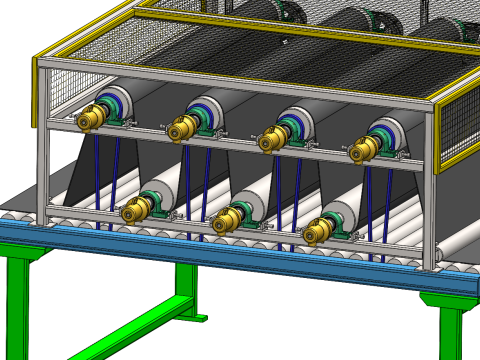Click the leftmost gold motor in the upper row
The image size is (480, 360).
coord(91,119)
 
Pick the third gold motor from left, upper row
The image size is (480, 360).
coord(271,140)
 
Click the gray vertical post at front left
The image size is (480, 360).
coord(42,150)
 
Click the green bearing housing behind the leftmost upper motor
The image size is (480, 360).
coord(118,112)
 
